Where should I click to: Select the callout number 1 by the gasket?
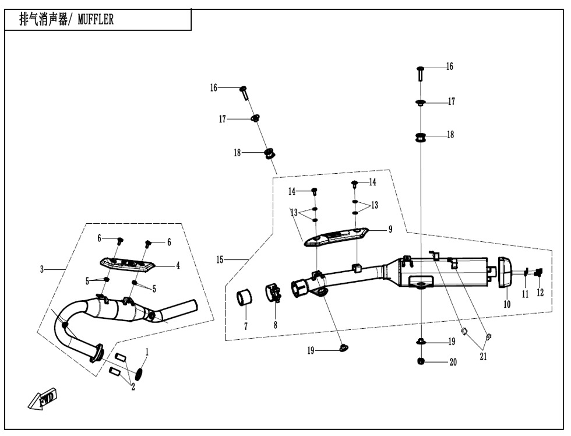[147, 352]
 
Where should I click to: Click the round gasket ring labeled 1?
[140, 372]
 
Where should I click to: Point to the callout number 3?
[42, 269]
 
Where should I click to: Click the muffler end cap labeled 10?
[504, 272]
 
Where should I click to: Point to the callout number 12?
[541, 293]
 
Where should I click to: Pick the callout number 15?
[220, 260]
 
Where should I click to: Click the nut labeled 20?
[421, 362]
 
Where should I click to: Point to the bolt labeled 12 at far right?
[538, 271]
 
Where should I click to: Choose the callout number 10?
[507, 304]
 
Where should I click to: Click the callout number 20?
[453, 362]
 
